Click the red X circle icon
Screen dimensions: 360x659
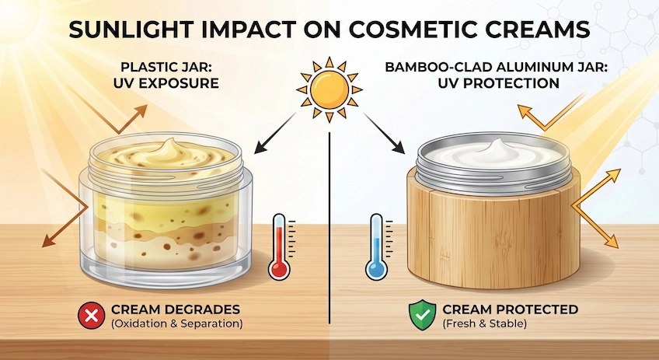(x=88, y=316)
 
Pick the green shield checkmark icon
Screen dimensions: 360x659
(x=420, y=316)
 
